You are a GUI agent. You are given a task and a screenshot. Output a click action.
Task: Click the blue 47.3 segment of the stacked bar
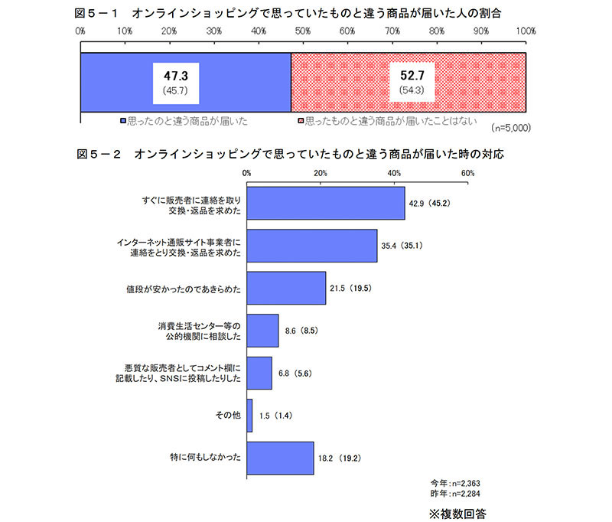click(185, 83)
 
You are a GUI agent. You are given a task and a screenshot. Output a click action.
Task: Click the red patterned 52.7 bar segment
click(409, 83)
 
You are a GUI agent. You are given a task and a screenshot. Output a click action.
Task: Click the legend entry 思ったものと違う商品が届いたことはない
click(382, 122)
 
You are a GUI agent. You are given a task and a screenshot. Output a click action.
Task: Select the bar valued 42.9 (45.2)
click(326, 203)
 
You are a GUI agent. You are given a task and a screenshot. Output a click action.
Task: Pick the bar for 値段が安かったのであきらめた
click(286, 288)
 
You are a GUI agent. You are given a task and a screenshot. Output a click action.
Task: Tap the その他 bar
click(249, 415)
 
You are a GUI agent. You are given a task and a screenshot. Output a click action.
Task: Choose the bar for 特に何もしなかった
click(280, 458)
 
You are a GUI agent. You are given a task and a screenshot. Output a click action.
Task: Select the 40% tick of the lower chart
click(395, 173)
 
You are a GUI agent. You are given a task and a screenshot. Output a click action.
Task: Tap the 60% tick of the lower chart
click(468, 173)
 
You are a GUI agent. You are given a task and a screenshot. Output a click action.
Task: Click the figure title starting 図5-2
click(291, 154)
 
